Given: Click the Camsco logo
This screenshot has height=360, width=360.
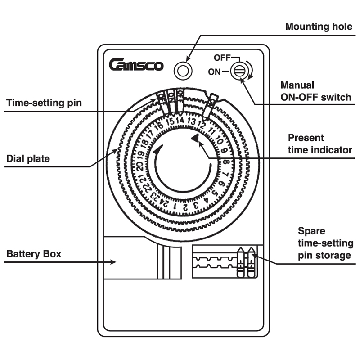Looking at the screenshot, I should click(136, 65).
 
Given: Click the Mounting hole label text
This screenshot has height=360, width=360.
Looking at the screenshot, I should click(319, 27).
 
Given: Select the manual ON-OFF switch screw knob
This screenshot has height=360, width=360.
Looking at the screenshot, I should click(238, 71).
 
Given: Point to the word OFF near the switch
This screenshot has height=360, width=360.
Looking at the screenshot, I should click(222, 58).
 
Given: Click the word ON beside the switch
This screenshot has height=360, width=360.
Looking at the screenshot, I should click(215, 71).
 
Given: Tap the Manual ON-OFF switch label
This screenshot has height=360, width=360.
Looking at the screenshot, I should click(315, 91).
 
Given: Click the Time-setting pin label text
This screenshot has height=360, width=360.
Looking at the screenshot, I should click(44, 103).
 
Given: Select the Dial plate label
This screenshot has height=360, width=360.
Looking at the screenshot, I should click(28, 158).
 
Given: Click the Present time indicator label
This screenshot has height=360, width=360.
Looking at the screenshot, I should click(319, 144).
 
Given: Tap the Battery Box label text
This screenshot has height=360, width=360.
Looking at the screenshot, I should click(34, 254).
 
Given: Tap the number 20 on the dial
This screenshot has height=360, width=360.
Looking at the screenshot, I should click(140, 167).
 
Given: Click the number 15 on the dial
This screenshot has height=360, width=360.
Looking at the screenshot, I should click(170, 121).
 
